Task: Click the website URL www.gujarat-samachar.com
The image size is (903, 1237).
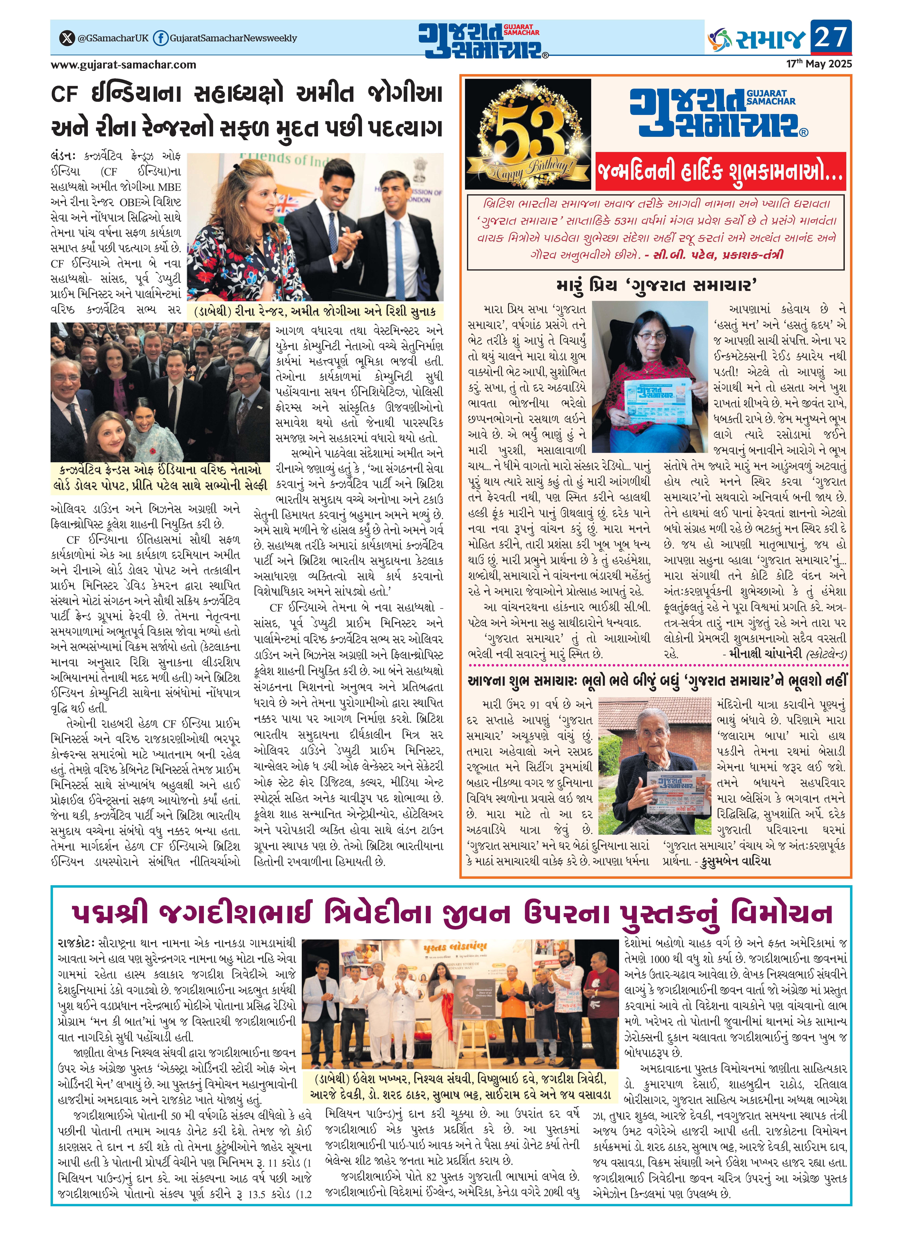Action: point(124,65)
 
